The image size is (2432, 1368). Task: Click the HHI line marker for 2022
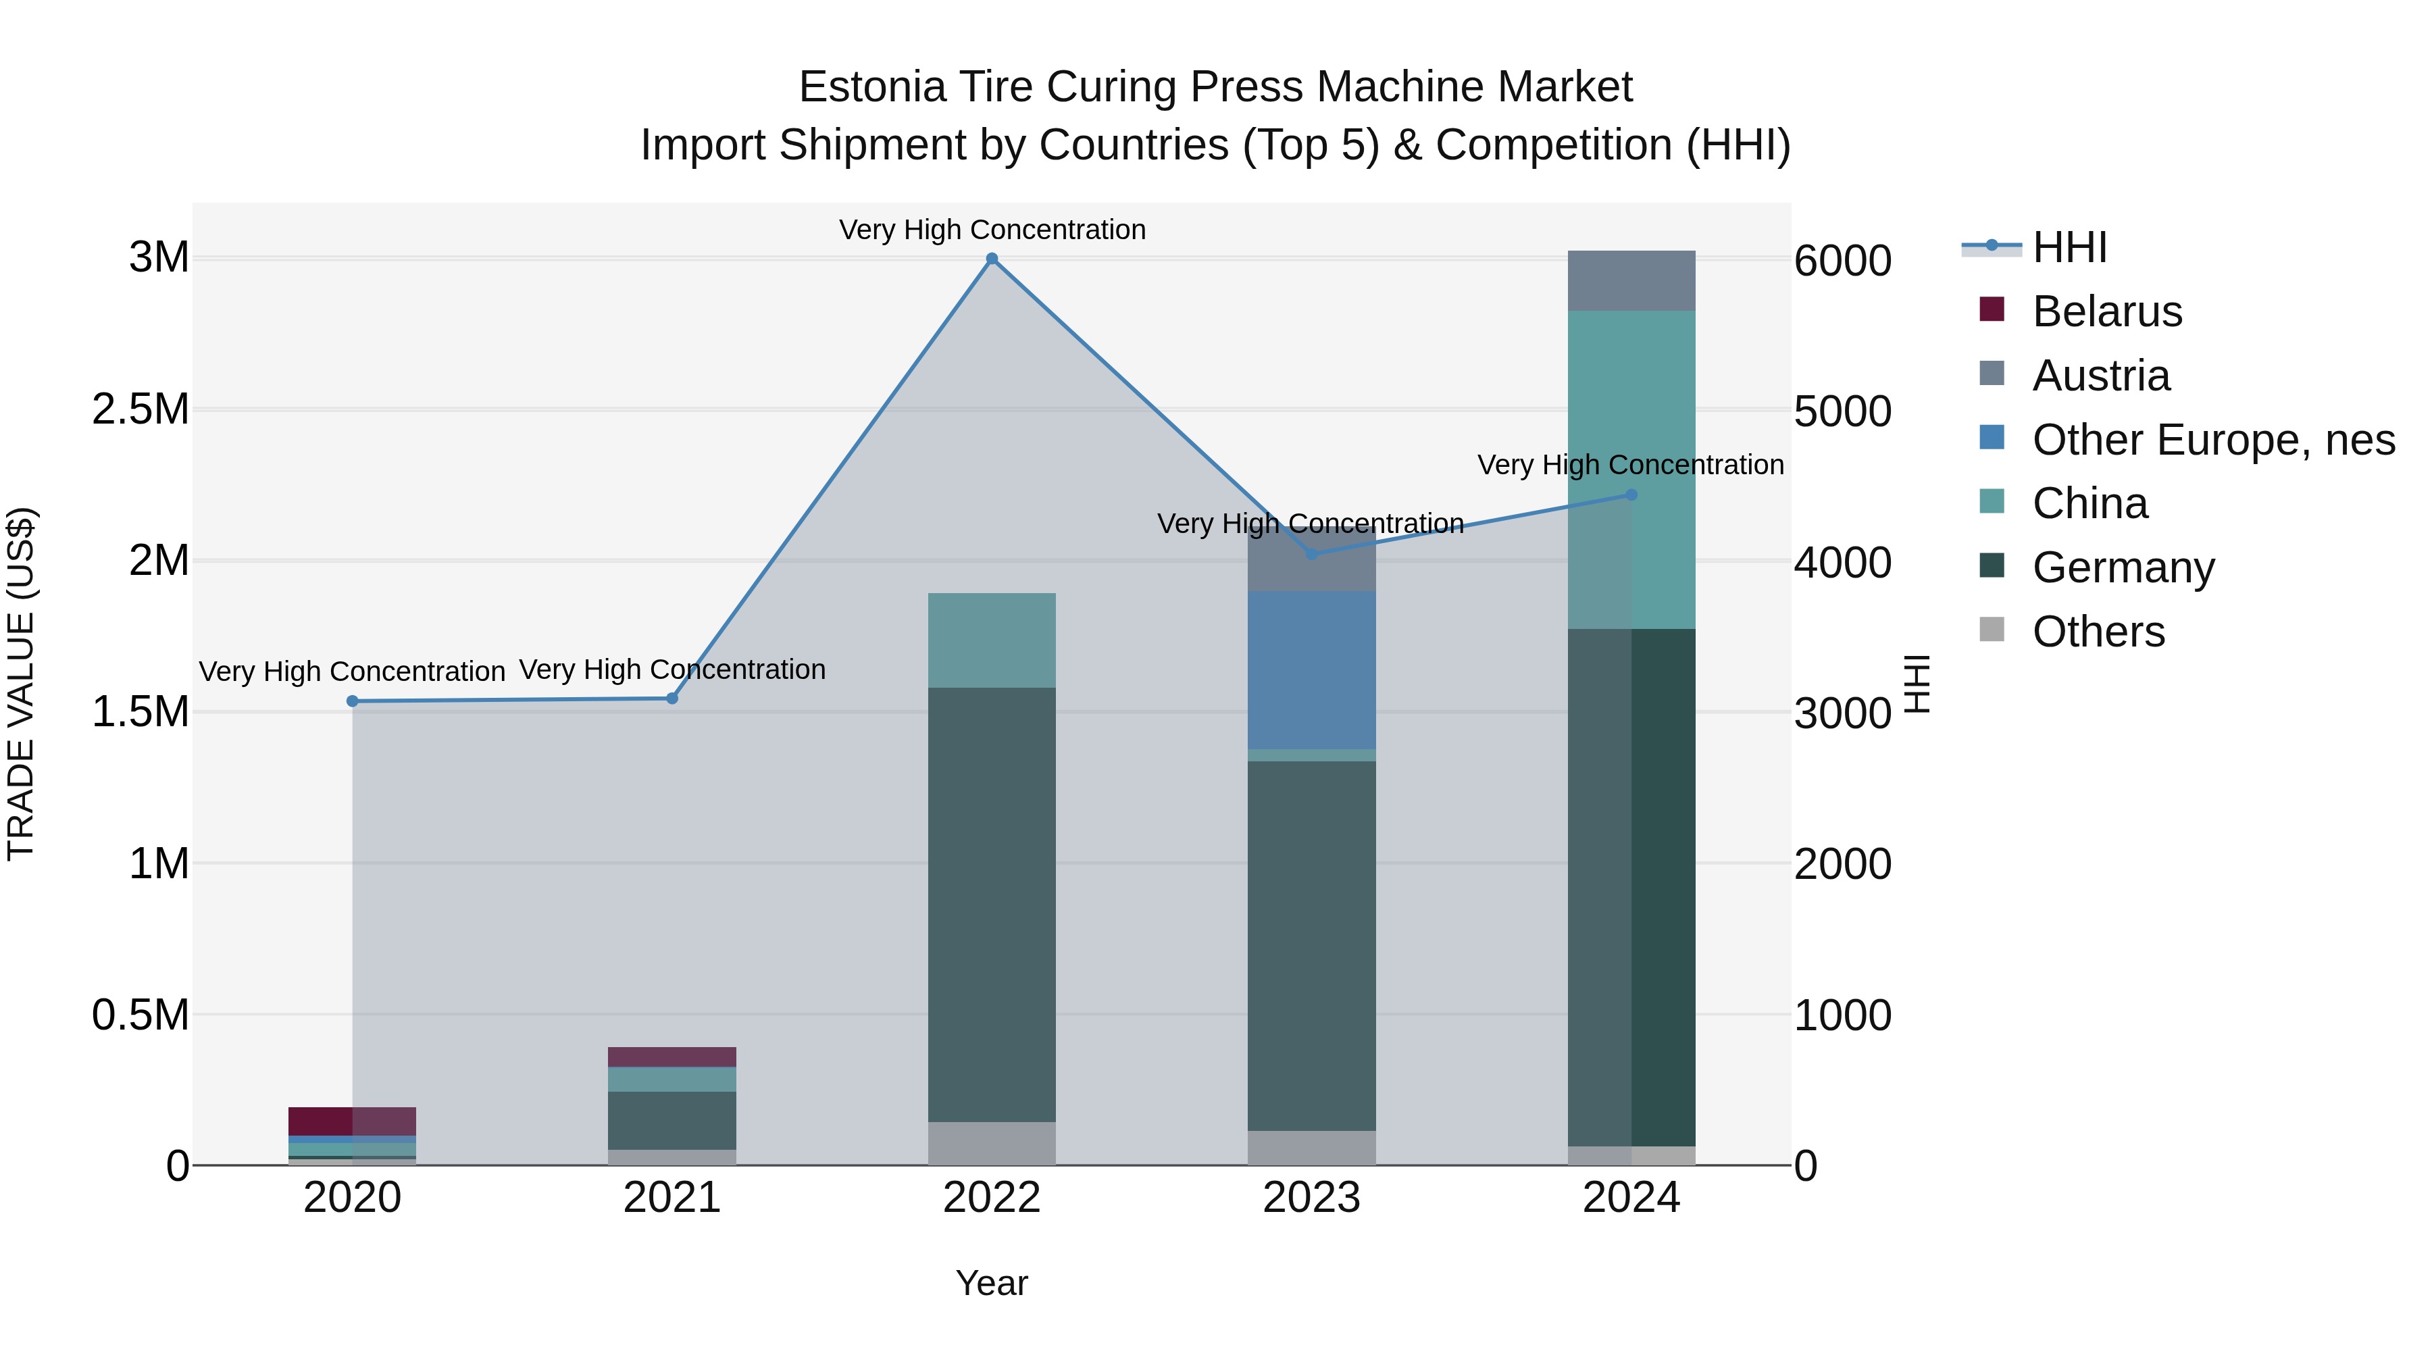click(x=991, y=259)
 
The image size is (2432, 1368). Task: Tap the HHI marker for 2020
click(x=352, y=701)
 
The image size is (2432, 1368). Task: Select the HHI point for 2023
click(x=1311, y=554)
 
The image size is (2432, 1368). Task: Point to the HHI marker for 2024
click(x=1631, y=495)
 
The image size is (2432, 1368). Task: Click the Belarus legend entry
click(x=2106, y=311)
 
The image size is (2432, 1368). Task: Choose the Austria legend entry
click(x=2100, y=376)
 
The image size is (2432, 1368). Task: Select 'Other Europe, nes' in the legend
click(x=2213, y=440)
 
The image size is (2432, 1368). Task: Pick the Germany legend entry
click(x=2123, y=567)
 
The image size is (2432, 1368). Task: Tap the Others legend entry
click(x=2098, y=632)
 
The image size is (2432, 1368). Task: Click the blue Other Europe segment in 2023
click(x=1311, y=670)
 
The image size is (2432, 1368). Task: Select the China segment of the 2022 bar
click(x=991, y=640)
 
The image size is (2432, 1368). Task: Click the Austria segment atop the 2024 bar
click(x=1631, y=280)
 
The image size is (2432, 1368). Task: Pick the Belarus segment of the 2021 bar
click(x=672, y=1057)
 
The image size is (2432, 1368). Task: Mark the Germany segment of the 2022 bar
click(x=991, y=905)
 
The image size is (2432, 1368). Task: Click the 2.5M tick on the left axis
click(x=141, y=410)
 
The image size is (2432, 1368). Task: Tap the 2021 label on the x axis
click(x=672, y=1198)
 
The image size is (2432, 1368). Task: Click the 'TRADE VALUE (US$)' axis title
click(x=21, y=684)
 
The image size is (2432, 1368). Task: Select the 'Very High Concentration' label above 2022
click(x=991, y=230)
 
